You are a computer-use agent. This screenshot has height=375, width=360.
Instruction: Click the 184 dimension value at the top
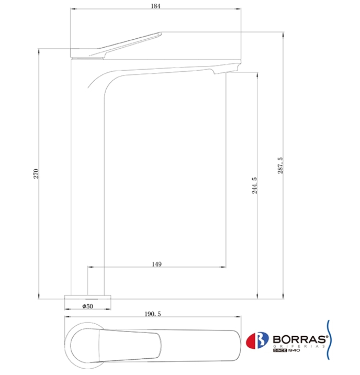point(155,6)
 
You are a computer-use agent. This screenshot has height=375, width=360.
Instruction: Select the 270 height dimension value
point(36,174)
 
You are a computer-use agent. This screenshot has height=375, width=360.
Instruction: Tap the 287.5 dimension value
point(280,166)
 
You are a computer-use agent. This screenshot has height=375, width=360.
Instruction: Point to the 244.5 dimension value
point(255,185)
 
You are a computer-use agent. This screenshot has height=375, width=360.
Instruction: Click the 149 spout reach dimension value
point(156,264)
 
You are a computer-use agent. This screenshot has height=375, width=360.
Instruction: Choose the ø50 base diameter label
point(88,306)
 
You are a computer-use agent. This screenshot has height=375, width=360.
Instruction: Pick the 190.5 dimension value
point(153,314)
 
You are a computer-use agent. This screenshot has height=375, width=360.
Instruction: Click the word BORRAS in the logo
point(299,339)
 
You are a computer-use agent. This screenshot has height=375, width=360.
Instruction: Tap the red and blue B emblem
point(257,340)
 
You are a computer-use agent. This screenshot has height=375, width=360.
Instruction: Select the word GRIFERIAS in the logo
point(299,346)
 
